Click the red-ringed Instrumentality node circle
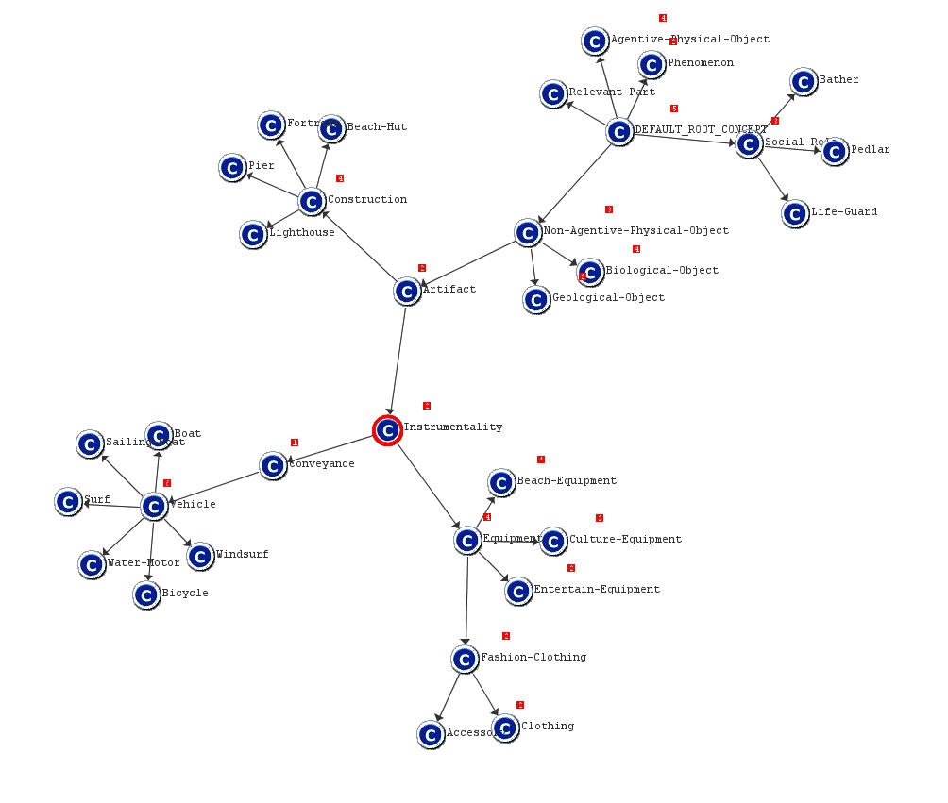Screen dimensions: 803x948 coord(387,430)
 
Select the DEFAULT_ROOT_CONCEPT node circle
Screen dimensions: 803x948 coord(618,132)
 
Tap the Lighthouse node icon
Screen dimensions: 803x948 coord(252,234)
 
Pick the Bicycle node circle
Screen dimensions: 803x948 coord(145,595)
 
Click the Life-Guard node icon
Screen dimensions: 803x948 coord(796,213)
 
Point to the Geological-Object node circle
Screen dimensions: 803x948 coord(536,300)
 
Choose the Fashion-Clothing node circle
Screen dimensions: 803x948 coord(464,659)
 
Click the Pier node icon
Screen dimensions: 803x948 coord(232,168)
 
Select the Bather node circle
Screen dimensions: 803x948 coord(804,82)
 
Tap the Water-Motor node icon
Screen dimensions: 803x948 coord(92,565)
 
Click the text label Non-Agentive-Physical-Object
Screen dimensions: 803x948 coord(635,231)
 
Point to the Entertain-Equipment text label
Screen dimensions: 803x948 coord(597,590)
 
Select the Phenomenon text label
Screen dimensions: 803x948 coord(700,63)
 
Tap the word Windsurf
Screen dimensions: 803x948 coord(242,555)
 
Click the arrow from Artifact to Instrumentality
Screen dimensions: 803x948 coord(398,359)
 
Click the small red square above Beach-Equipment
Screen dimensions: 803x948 coord(541,460)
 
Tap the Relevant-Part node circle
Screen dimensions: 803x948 coord(553,94)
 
